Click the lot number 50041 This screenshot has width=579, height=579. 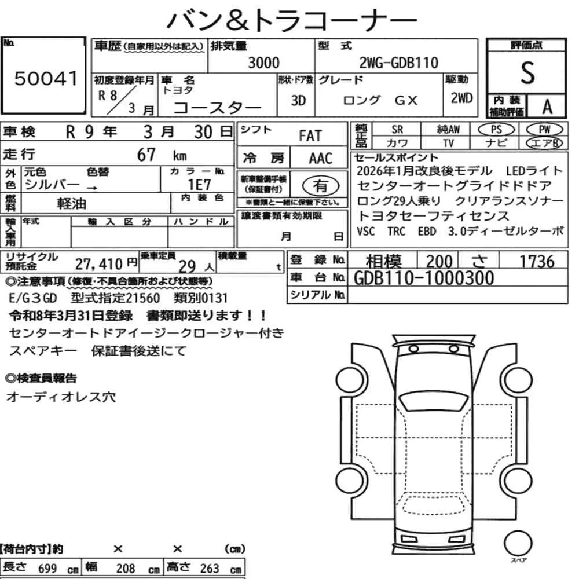46,78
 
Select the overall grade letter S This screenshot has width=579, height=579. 527,73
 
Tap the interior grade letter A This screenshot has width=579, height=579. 547,107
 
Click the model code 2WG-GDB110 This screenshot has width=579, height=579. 399,63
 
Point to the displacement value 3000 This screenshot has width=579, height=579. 263,63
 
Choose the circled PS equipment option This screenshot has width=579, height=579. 496,130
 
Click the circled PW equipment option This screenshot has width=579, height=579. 544,130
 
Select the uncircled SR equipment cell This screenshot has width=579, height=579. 397,130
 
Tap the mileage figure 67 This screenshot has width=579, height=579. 146,155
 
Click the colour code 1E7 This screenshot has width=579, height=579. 199,185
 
